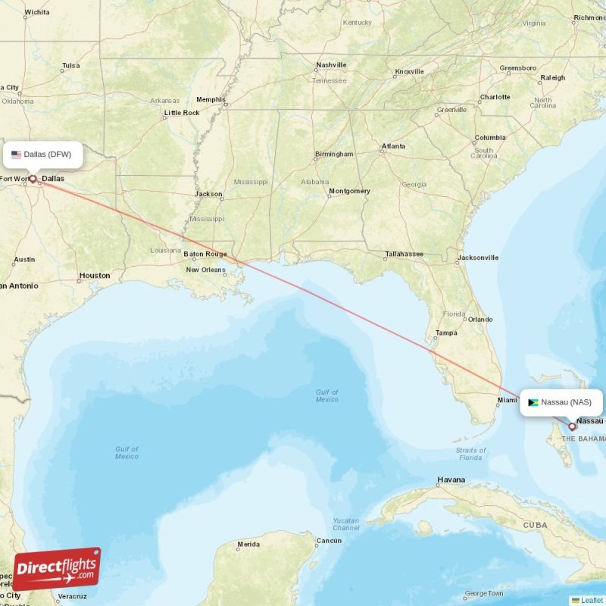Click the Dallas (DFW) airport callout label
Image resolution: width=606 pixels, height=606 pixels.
click(42, 155)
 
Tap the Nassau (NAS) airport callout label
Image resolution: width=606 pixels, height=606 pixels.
click(561, 402)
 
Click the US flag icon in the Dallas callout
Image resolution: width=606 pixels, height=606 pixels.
click(16, 155)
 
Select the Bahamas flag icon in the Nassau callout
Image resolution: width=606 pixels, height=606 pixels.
click(533, 402)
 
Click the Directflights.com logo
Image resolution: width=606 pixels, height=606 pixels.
click(57, 569)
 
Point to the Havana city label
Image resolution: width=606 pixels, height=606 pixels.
click(451, 480)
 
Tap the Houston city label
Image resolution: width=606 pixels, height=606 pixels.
click(95, 276)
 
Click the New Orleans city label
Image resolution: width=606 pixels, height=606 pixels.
click(205, 270)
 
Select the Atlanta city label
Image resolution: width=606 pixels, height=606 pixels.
click(393, 146)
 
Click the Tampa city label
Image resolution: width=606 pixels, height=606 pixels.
click(446, 333)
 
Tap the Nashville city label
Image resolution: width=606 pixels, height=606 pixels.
click(331, 65)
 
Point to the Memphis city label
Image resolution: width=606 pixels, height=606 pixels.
click(211, 99)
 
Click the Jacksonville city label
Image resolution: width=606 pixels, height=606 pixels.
click(478, 258)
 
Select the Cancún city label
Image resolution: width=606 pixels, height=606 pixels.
click(329, 541)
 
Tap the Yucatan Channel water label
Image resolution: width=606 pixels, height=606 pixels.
click(346, 523)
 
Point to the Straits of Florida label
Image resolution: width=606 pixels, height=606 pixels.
click(470, 454)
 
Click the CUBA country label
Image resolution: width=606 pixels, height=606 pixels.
click(535, 525)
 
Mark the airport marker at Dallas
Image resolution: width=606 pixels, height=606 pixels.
click(33, 180)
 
